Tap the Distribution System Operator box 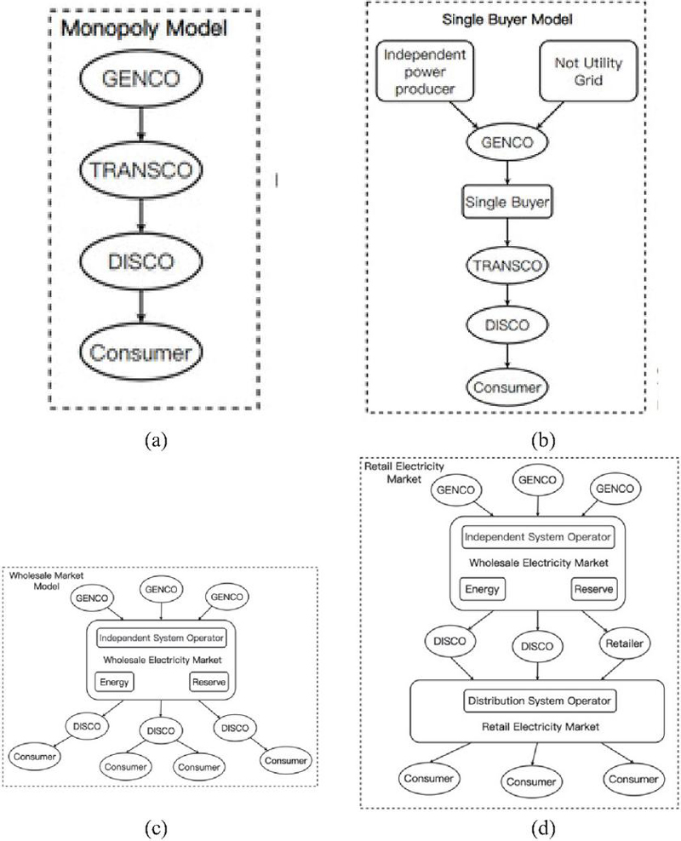coord(538,701)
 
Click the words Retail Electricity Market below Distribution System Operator coord(538,726)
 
